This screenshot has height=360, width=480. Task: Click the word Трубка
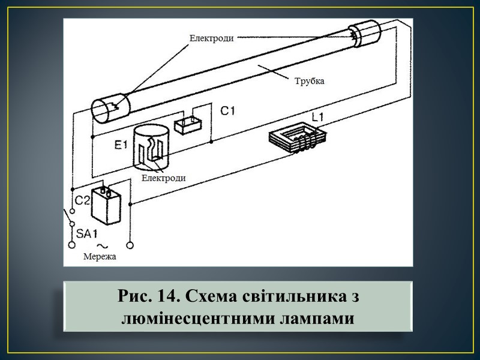(x=309, y=80)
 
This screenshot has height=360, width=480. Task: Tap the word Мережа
(x=100, y=257)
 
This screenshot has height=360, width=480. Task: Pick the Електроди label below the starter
(x=164, y=178)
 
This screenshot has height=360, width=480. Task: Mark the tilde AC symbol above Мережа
(x=102, y=245)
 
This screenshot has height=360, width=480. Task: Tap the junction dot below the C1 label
(x=212, y=142)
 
